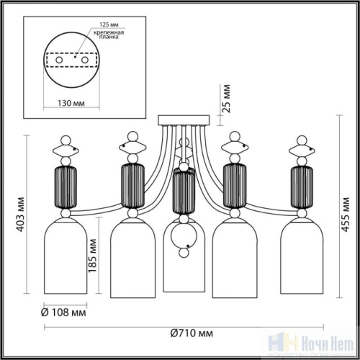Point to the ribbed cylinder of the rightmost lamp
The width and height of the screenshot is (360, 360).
coord(301,186)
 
